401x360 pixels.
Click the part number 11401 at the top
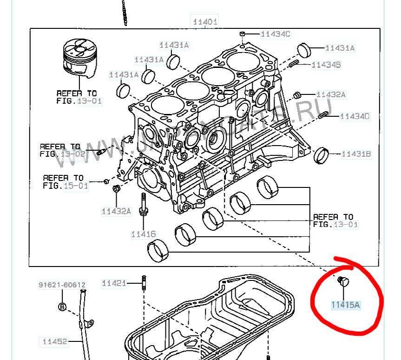click(x=205, y=21)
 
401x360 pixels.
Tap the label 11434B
click(x=326, y=65)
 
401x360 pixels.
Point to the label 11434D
click(x=355, y=116)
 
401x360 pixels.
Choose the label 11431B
click(x=356, y=153)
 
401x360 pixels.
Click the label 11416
click(x=143, y=234)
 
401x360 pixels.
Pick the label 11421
click(x=114, y=283)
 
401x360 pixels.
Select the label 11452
click(x=55, y=342)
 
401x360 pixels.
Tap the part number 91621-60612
click(x=62, y=285)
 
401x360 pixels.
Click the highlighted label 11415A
click(x=345, y=305)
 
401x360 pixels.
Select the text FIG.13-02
click(x=63, y=153)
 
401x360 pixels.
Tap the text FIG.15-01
click(x=66, y=185)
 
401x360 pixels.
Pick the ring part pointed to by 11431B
click(x=322, y=155)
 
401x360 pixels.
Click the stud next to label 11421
click(x=144, y=283)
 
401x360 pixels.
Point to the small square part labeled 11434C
click(x=242, y=33)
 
